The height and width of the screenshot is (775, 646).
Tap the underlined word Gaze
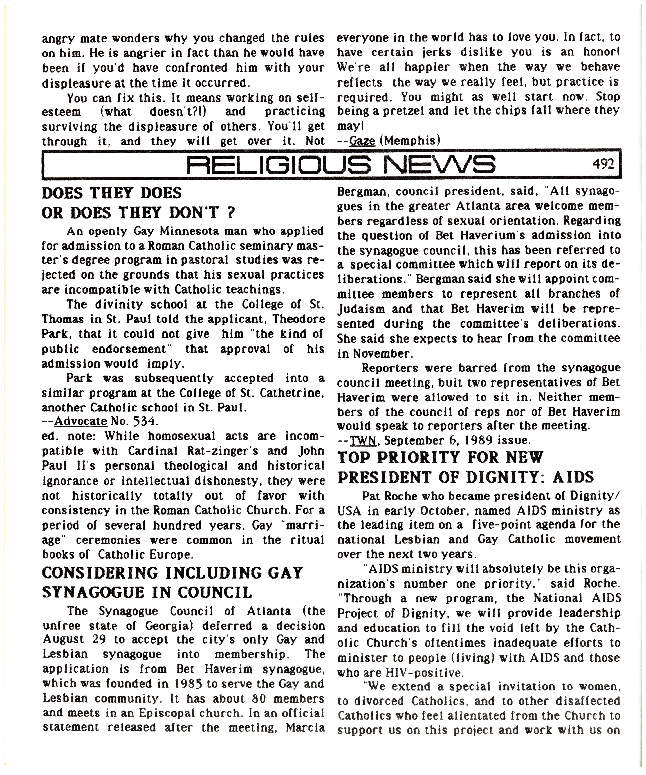point(362,141)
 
